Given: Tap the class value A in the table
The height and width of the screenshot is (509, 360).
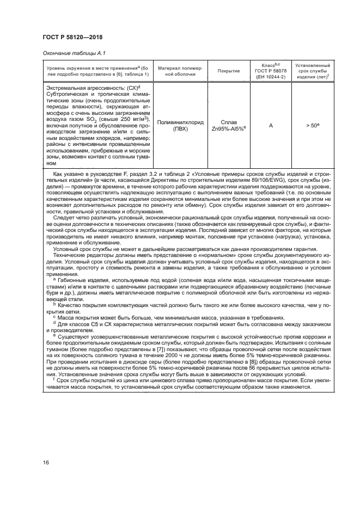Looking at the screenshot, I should pos(271,126).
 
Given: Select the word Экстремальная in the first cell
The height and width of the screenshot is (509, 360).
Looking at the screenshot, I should pos(64,87).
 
